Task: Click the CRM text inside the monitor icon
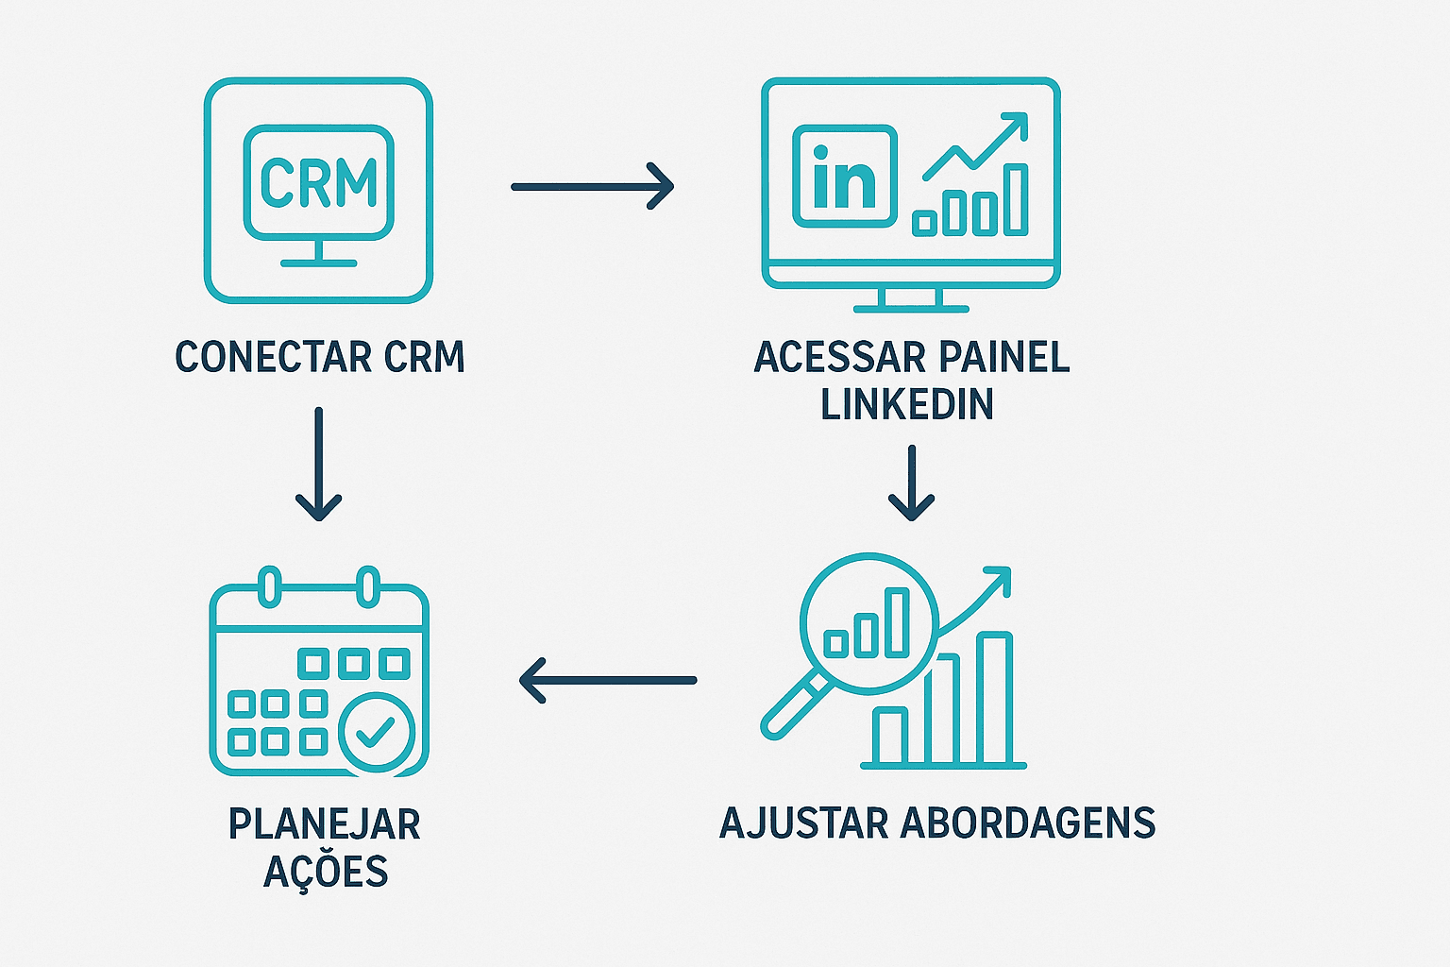pyautogui.click(x=319, y=182)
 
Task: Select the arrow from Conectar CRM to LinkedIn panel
pyautogui.click(x=592, y=186)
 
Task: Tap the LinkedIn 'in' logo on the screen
pyautogui.click(x=844, y=177)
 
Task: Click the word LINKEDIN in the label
pyautogui.click(x=906, y=404)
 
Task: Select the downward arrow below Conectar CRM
pyautogui.click(x=319, y=464)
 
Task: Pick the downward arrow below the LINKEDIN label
pyautogui.click(x=911, y=483)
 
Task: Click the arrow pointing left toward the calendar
pyautogui.click(x=608, y=680)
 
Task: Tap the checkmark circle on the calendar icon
pyautogui.click(x=376, y=732)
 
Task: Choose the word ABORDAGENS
pyautogui.click(x=1028, y=823)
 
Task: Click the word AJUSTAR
pyautogui.click(x=803, y=823)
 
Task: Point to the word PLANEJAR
pyautogui.click(x=324, y=824)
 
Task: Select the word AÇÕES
pyautogui.click(x=326, y=872)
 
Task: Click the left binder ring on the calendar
pyautogui.click(x=270, y=585)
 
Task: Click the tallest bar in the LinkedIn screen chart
pyautogui.click(x=1015, y=198)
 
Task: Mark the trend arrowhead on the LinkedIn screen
pyautogui.click(x=1016, y=124)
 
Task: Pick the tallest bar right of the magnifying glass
pyautogui.click(x=994, y=698)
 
